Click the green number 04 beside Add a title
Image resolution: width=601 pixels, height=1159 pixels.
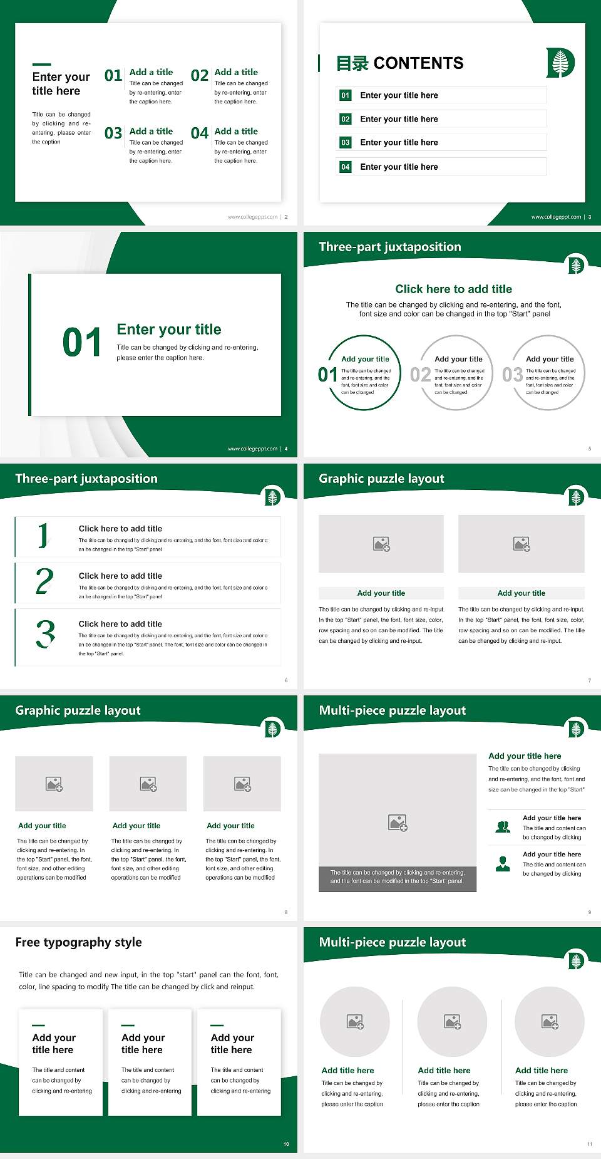click(200, 133)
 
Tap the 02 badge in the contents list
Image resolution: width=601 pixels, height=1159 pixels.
click(346, 119)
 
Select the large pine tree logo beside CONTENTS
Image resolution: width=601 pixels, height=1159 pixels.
click(560, 63)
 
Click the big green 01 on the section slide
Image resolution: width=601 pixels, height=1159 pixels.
click(82, 343)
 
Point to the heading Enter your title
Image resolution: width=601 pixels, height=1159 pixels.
click(169, 330)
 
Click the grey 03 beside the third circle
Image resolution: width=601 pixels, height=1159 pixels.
click(513, 375)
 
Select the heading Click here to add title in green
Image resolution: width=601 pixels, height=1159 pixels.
click(453, 289)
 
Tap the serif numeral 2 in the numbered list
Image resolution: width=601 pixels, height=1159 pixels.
click(44, 581)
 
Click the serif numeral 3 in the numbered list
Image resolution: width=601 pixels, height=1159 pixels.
click(46, 633)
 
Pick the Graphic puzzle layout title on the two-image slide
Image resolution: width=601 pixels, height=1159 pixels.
click(381, 479)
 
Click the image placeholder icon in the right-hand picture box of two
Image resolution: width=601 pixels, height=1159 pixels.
click(521, 544)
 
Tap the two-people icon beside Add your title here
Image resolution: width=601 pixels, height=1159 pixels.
click(503, 827)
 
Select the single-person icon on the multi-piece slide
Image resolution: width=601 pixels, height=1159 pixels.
click(503, 864)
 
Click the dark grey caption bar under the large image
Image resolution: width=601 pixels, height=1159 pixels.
click(398, 876)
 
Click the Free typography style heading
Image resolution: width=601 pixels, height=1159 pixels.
click(78, 942)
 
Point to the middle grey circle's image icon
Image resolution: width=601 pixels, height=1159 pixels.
click(453, 1022)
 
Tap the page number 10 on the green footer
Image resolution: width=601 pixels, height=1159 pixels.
click(286, 1144)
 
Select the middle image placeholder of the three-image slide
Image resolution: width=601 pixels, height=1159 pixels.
click(148, 784)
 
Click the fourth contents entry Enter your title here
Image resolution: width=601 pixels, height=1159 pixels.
click(399, 167)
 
